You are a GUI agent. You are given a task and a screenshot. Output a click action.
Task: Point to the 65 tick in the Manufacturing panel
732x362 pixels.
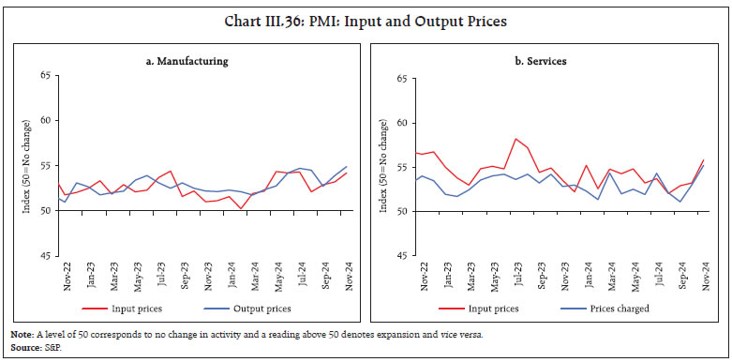tap(44, 79)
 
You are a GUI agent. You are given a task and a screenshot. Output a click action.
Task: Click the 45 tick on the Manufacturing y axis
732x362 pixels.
tap(44, 254)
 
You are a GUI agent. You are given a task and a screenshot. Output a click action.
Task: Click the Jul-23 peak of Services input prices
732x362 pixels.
tap(516, 139)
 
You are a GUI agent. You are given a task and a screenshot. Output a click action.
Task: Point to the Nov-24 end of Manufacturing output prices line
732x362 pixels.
tap(347, 167)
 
